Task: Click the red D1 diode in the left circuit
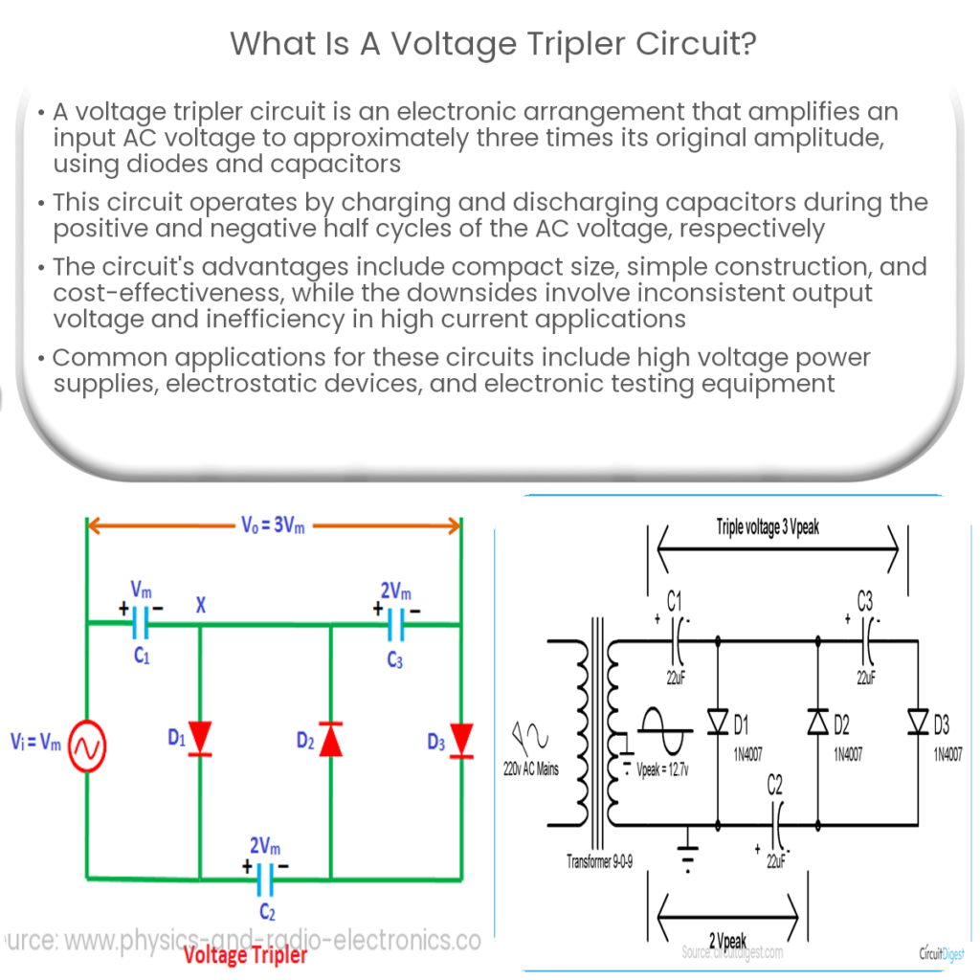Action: (200, 738)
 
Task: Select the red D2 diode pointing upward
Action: (330, 738)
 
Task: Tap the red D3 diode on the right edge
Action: (461, 738)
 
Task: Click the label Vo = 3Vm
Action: (273, 525)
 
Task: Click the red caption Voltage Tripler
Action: (245, 955)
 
